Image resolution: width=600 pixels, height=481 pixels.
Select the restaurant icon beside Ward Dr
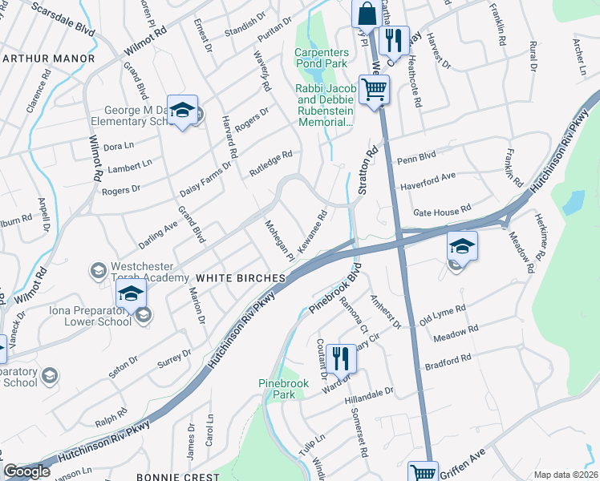(341, 358)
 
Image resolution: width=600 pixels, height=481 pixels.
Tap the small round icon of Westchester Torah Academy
(98, 270)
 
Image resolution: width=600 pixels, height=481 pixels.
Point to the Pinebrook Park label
(278, 390)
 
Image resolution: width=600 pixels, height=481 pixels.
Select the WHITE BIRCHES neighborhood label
(241, 277)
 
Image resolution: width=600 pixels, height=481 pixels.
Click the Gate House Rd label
(441, 211)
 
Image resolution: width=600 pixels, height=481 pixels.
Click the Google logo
(26, 471)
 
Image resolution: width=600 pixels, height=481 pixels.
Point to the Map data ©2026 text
(566, 475)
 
